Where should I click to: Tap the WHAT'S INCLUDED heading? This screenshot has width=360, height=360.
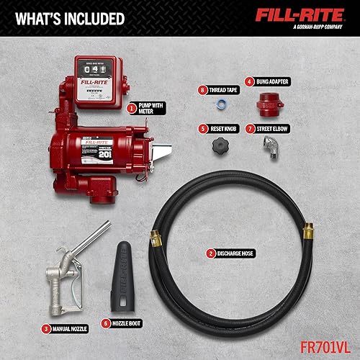point(68,18)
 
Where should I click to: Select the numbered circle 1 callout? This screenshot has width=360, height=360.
point(131,109)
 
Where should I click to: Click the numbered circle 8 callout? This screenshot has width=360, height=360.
point(204,89)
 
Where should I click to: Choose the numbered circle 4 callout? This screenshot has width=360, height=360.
point(249,82)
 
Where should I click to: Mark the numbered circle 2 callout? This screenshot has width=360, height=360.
point(211,253)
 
